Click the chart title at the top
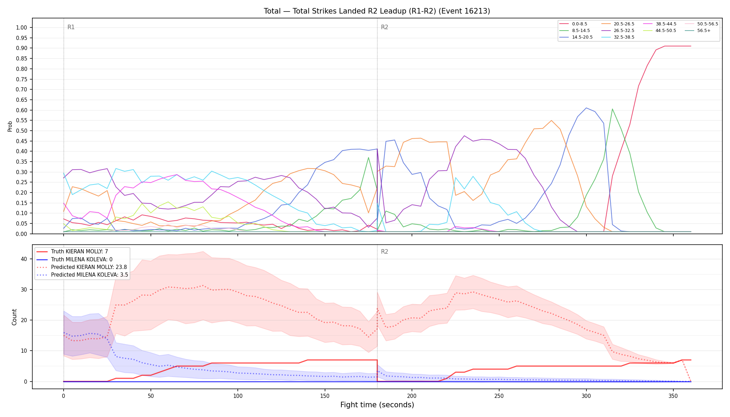point(377,11)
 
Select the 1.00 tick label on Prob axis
point(22,27)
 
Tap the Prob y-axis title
point(10,126)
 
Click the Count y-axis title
point(15,317)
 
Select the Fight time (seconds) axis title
point(377,405)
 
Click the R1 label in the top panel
point(71,27)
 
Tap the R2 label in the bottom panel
point(384,252)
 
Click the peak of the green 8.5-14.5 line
point(612,109)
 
